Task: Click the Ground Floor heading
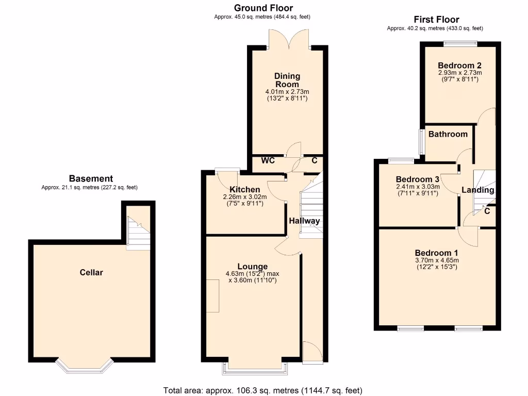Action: [263, 8]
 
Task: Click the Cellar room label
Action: [91, 272]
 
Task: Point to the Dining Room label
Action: [287, 80]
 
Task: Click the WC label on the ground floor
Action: [268, 161]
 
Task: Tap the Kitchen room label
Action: [244, 189]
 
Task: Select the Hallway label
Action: [304, 221]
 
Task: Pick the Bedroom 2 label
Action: [459, 65]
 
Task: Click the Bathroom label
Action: [448, 134]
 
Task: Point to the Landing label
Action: [477, 190]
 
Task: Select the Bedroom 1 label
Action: [436, 253]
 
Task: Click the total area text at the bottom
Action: [263, 390]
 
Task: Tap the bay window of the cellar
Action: [84, 365]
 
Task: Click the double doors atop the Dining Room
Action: [289, 39]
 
